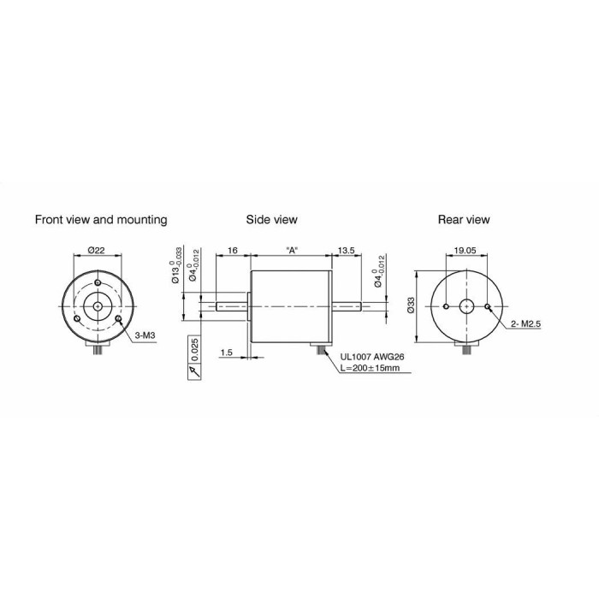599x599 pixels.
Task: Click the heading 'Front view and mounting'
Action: click(101, 220)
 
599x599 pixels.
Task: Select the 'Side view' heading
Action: click(271, 220)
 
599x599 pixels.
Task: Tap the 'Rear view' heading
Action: click(464, 220)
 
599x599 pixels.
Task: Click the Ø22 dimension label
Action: click(96, 250)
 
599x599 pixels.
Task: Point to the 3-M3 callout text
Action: click(145, 335)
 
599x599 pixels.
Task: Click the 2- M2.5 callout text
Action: click(526, 324)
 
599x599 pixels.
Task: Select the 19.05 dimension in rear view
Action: click(465, 250)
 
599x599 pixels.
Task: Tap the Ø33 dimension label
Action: click(412, 305)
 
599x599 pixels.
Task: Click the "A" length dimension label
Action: click(292, 250)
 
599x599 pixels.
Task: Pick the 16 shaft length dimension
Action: click(232, 250)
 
